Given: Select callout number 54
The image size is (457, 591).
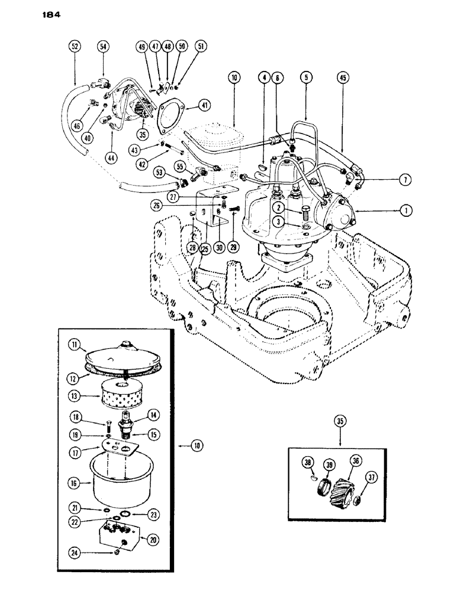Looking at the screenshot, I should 103,46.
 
